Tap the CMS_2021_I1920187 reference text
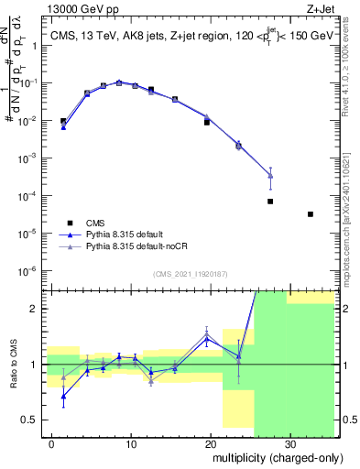190,274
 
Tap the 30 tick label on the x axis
289,443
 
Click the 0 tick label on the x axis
53,443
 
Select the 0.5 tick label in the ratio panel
32,420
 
